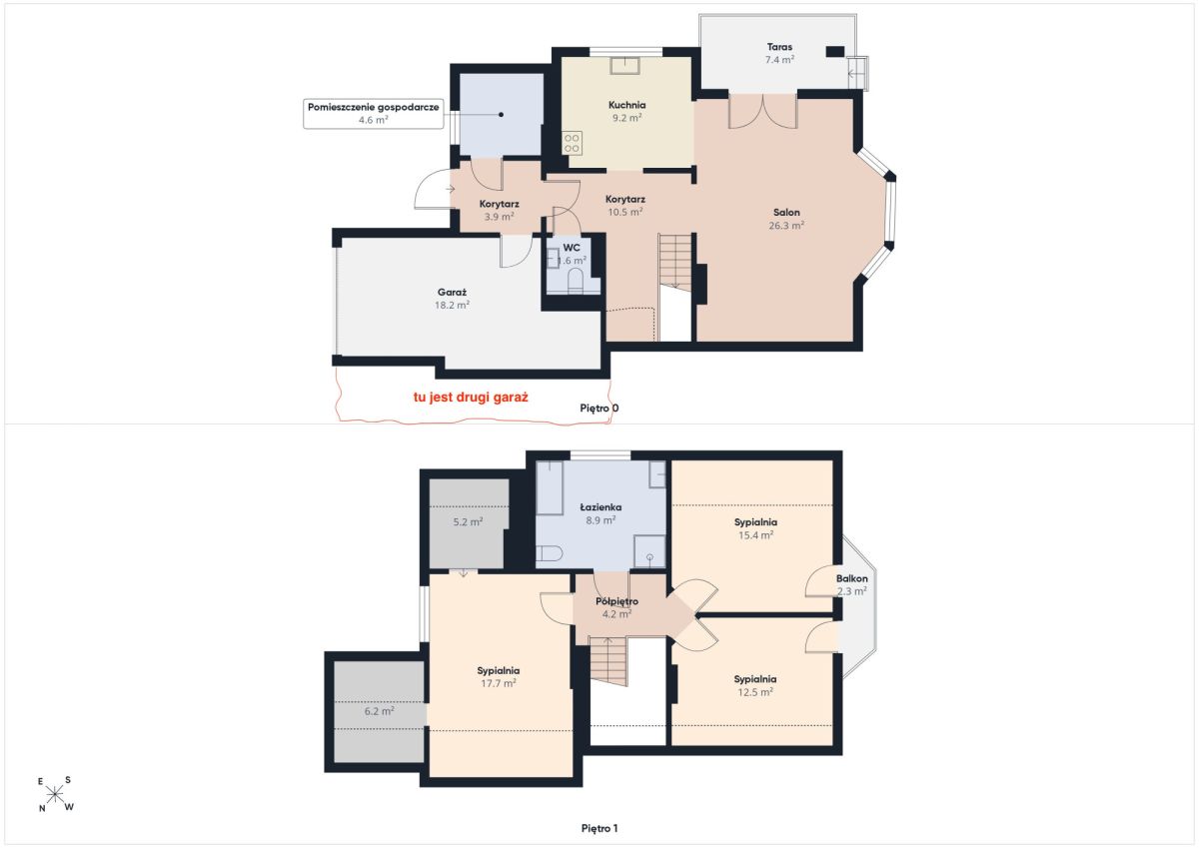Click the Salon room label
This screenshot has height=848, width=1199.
(x=786, y=213)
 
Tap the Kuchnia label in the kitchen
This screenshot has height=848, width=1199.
(x=626, y=105)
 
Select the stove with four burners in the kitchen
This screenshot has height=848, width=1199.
(x=572, y=143)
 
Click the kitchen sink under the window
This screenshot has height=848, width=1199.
(x=625, y=65)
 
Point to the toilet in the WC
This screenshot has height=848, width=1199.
(x=575, y=281)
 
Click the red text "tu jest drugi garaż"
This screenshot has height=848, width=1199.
(x=471, y=397)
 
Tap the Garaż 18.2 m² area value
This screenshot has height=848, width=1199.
(x=452, y=305)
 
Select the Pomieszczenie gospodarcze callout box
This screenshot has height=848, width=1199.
(x=373, y=114)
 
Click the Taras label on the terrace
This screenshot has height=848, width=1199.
(x=779, y=47)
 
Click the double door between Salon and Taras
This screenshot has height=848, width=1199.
(x=762, y=111)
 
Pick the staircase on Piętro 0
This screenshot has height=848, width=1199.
(x=676, y=261)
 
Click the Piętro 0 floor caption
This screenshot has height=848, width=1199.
(x=599, y=409)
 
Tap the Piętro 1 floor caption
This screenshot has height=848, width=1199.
(x=599, y=828)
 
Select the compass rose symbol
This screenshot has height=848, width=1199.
(x=55, y=794)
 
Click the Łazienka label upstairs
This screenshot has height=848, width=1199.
(x=600, y=506)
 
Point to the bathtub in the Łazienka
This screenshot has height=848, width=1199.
(x=550, y=488)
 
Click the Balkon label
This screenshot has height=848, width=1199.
(x=851, y=578)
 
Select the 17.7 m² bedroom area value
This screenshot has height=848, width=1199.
(x=499, y=683)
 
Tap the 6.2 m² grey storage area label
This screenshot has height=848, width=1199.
(x=379, y=711)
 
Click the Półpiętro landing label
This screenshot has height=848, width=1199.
(x=616, y=601)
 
